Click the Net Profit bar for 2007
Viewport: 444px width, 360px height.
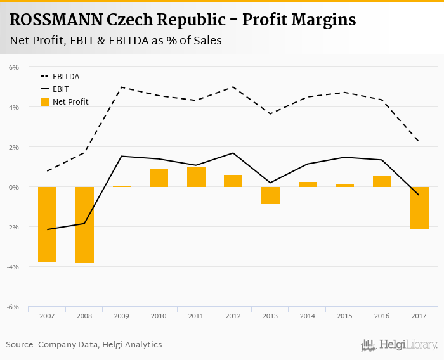point(47,224)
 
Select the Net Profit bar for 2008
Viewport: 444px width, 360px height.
point(84,224)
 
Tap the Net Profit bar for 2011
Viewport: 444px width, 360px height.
point(196,177)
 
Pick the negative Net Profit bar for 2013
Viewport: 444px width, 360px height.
point(270,195)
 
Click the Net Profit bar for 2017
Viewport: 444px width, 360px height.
point(419,207)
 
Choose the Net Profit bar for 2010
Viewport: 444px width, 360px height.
point(159,178)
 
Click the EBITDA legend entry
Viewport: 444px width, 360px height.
point(65,77)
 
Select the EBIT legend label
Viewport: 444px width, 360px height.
point(61,89)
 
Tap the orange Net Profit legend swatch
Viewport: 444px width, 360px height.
point(44,102)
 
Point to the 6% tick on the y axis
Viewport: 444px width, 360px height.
point(14,67)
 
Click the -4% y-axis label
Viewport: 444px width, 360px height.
point(13,267)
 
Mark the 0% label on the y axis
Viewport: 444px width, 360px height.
point(14,187)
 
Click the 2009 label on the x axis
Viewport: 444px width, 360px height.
point(121,316)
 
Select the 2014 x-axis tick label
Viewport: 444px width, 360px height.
point(308,316)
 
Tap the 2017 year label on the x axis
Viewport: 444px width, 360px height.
point(419,316)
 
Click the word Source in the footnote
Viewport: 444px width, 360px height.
point(20,344)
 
